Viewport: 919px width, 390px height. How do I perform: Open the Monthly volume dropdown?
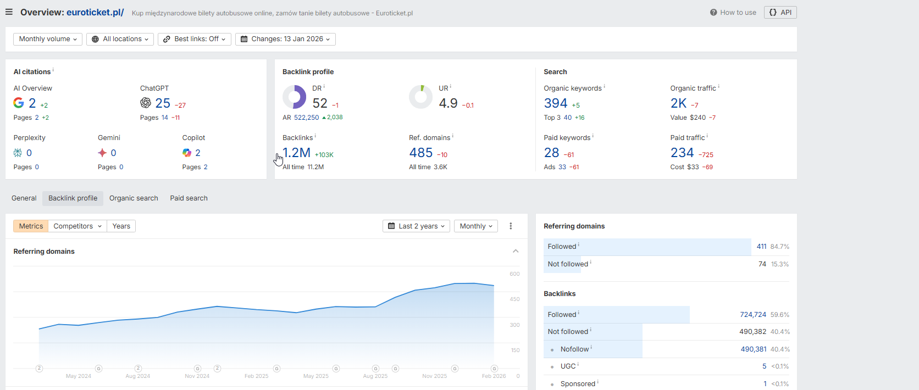click(x=48, y=39)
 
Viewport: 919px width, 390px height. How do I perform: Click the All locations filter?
click(x=120, y=39)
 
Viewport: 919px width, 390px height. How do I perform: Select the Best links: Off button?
click(x=194, y=39)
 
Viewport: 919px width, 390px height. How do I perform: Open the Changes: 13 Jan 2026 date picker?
click(x=285, y=39)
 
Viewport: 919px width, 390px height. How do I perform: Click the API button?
click(x=780, y=12)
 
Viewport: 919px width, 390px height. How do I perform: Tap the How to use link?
click(x=733, y=12)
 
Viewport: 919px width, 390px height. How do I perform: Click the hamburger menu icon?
click(x=9, y=12)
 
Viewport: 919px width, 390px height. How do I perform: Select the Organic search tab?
click(x=134, y=198)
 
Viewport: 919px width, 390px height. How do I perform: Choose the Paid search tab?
click(x=189, y=198)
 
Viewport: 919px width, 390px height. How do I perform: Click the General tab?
click(x=24, y=198)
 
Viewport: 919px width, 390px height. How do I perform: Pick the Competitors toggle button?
click(x=77, y=226)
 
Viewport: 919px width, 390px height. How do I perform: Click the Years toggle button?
click(x=121, y=226)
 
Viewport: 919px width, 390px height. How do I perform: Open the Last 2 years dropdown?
click(x=416, y=226)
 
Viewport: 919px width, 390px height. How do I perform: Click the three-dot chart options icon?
click(x=511, y=226)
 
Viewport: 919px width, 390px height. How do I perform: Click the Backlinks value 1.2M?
click(x=297, y=153)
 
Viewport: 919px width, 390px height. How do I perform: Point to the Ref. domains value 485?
click(x=420, y=153)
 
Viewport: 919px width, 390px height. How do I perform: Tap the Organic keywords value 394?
click(x=555, y=103)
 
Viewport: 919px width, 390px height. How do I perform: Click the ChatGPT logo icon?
click(x=146, y=103)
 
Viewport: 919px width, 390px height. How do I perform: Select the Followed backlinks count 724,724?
click(x=752, y=315)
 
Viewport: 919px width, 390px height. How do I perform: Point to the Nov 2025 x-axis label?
click(x=434, y=376)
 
